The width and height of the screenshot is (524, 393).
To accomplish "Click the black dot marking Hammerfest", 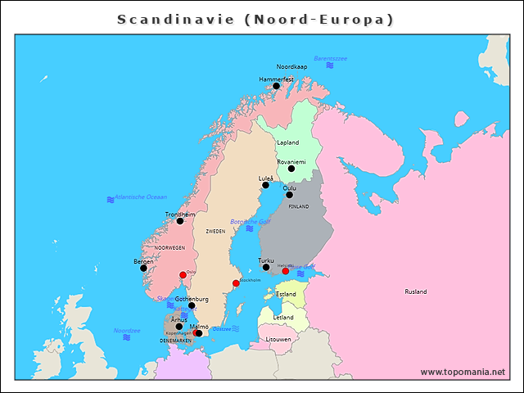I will pos(276,86).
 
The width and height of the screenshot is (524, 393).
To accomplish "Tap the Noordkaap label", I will pos(291,66).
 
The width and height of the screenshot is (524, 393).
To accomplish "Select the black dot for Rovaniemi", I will pos(291,169).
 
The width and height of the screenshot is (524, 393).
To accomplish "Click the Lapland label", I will pos(287,142).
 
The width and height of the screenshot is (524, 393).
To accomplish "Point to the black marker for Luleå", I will pos(265,185).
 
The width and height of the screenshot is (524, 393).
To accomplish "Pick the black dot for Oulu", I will pos(289,195).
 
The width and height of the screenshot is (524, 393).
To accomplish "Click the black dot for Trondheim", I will pos(180,221).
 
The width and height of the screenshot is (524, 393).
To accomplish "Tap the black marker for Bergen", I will pos(143,268).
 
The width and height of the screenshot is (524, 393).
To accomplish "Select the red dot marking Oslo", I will pos(182,275).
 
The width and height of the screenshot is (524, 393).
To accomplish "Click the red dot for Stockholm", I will pos(236,283).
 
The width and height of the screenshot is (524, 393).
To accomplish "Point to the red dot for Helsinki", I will pos(286,271).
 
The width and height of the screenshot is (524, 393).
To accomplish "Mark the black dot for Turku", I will pos(266,267).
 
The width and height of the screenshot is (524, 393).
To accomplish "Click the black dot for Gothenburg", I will pos(192,305).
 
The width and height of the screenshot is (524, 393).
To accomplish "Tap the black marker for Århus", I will pos(179,327).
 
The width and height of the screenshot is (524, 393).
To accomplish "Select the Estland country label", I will pos(286,294).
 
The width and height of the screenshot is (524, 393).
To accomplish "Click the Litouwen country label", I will pos(278,339).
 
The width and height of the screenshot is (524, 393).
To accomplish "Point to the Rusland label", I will pos(416,291).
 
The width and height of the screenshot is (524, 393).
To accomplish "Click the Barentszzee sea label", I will pos(330,59).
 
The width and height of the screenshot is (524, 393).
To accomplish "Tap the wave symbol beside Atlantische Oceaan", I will pos(111,200).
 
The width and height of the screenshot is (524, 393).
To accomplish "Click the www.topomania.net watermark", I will pos(463,372).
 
